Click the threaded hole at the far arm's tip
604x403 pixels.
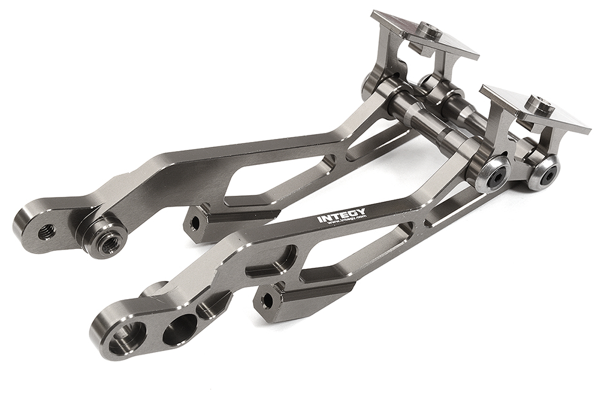point(46,231)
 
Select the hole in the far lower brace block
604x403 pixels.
point(194,223)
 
